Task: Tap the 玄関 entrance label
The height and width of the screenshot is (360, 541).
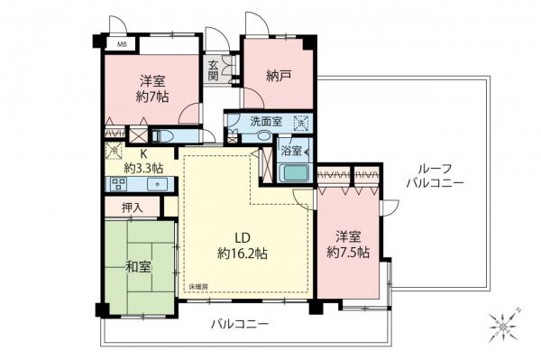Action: click(214, 69)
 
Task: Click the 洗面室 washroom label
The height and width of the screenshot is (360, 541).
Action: click(266, 121)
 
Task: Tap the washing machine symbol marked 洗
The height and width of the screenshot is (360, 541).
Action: click(301, 124)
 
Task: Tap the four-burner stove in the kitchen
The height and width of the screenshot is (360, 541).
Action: click(118, 184)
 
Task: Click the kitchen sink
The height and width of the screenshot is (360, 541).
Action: click(157, 184)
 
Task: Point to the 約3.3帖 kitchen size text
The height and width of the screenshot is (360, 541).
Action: click(144, 167)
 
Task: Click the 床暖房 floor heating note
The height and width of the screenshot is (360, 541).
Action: click(198, 287)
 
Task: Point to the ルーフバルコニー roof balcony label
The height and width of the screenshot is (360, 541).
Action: click(434, 175)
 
